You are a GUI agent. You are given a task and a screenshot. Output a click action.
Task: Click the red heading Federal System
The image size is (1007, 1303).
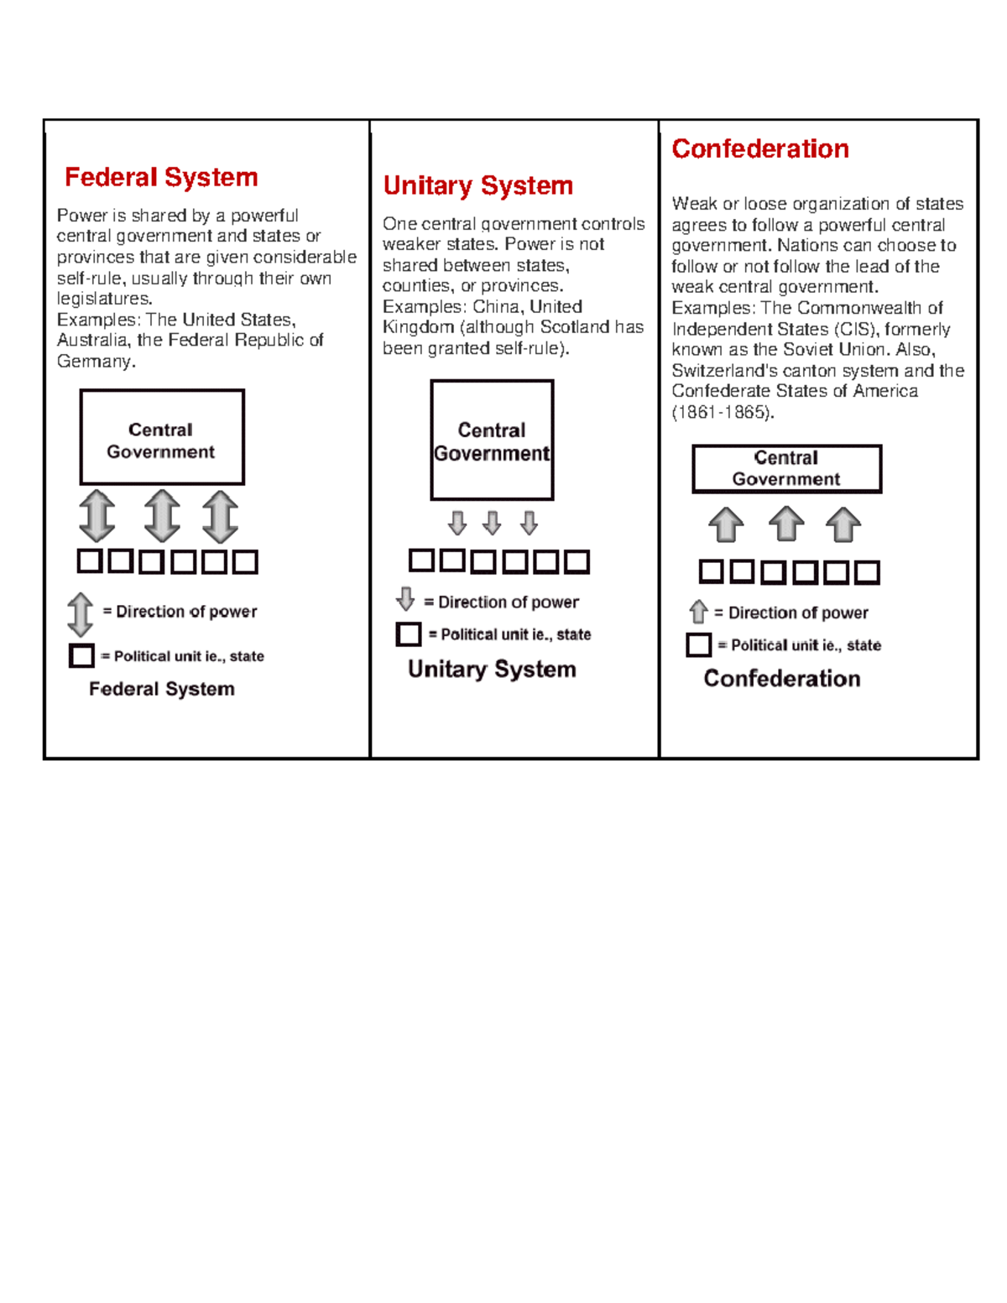tap(161, 177)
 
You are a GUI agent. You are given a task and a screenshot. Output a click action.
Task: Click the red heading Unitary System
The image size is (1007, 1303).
tap(477, 185)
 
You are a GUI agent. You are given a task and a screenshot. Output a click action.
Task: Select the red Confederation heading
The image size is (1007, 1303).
tap(759, 149)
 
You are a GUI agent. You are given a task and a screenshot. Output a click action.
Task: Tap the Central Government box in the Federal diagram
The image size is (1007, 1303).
tap(162, 437)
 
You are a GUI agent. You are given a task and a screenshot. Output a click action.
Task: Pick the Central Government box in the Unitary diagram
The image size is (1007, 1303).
tap(492, 440)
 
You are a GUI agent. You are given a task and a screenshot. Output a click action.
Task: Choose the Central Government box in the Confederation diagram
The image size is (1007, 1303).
tap(786, 468)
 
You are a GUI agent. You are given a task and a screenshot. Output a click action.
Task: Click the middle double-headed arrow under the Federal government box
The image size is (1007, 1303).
tap(161, 515)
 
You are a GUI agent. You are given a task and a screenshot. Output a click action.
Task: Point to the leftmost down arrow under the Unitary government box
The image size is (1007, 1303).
tap(457, 524)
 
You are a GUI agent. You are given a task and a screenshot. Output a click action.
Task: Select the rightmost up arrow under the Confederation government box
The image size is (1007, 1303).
tap(843, 525)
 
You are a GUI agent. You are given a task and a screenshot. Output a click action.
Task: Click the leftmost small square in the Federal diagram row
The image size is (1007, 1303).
tap(90, 560)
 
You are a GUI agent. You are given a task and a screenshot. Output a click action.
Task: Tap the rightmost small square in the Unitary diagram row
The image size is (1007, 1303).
tap(577, 561)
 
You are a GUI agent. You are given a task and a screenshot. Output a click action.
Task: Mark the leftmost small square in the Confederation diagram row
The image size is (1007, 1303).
tap(711, 571)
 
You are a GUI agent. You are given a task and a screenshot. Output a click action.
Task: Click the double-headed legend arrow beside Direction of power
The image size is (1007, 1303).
tap(81, 613)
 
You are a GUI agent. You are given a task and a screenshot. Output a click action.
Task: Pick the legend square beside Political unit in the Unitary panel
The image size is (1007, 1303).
tap(409, 634)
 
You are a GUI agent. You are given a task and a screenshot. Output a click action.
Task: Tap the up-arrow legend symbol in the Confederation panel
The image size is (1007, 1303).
tap(698, 612)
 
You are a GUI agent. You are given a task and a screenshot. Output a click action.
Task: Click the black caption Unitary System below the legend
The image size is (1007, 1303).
tap(492, 669)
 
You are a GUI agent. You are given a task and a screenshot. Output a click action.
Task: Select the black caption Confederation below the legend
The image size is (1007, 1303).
tap(781, 678)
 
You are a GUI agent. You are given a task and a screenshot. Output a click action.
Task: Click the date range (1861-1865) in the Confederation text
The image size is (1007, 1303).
tap(723, 412)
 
